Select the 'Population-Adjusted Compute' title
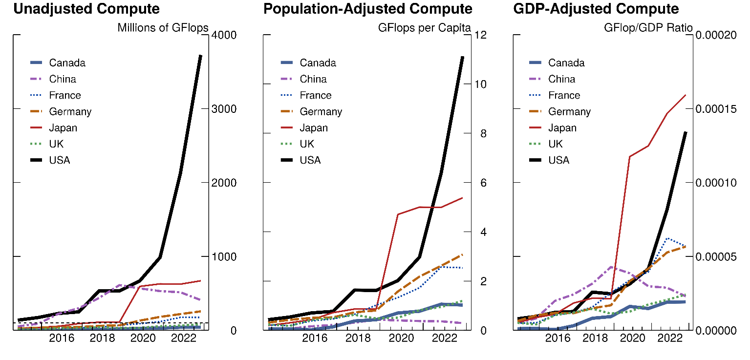(368, 9)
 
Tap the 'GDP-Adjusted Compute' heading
(596, 9)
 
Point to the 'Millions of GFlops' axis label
(163, 28)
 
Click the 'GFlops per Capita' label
(424, 28)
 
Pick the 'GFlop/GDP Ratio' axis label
(648, 28)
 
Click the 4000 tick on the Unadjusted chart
(224, 35)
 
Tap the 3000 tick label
(224, 109)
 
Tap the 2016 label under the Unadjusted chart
(62, 338)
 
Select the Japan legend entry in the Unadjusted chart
(63, 128)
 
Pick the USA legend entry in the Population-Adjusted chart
(310, 160)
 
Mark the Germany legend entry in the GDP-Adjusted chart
(569, 112)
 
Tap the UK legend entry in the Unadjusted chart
(56, 144)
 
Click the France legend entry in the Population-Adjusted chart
(315, 95)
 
